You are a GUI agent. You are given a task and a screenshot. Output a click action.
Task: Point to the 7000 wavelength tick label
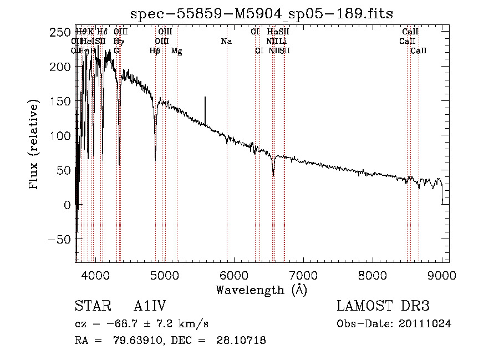pos(303,276)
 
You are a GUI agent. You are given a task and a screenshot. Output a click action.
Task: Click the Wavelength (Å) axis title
pos(261,290)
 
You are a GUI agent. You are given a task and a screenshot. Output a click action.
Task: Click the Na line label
pos(226,42)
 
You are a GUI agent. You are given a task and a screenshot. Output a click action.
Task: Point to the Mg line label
pos(176,51)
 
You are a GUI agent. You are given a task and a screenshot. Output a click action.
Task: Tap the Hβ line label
pos(155,51)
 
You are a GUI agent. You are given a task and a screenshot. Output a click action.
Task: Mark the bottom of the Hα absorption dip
pos(273,175)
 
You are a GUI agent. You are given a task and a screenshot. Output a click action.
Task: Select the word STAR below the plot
pos(90,306)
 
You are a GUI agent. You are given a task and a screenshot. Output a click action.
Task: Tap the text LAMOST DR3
pos(383,306)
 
